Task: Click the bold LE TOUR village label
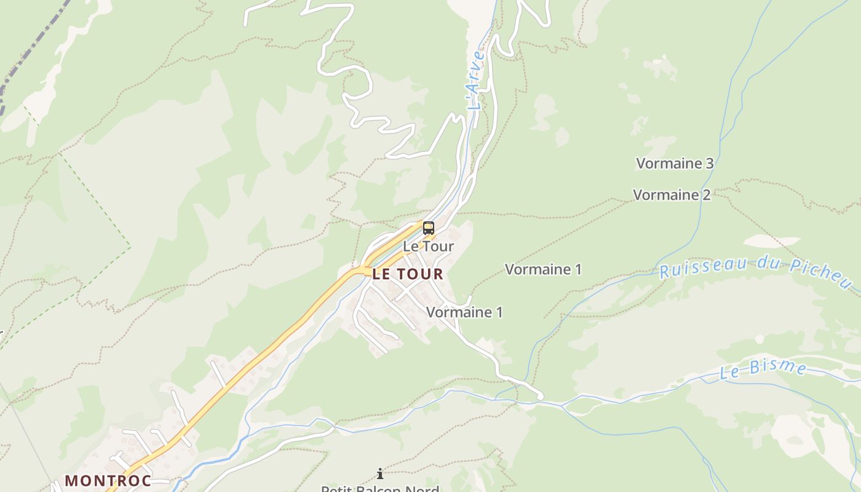407,274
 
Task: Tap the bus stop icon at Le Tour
428,228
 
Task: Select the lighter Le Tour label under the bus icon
428,247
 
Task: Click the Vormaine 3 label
675,164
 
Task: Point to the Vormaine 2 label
672,195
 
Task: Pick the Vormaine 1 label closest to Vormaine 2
543,269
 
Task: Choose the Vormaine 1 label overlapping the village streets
464,312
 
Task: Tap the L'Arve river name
476,80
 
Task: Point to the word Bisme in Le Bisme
777,367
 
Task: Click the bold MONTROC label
108,480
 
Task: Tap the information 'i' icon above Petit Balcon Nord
380,473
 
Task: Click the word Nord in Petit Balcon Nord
424,490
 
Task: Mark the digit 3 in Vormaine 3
710,164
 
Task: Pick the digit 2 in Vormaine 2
707,195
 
